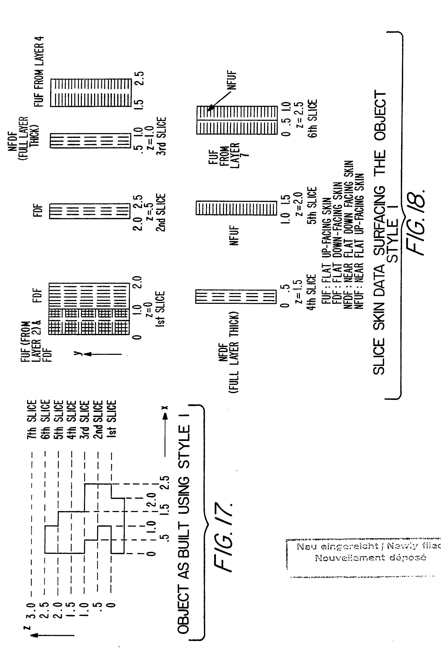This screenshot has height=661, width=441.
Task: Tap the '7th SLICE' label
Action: pos(32,419)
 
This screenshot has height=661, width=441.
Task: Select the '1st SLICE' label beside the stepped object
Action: pos(112,419)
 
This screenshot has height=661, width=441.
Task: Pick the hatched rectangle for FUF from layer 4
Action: pos(91,93)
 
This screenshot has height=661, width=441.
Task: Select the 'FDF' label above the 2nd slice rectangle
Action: pos(38,211)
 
